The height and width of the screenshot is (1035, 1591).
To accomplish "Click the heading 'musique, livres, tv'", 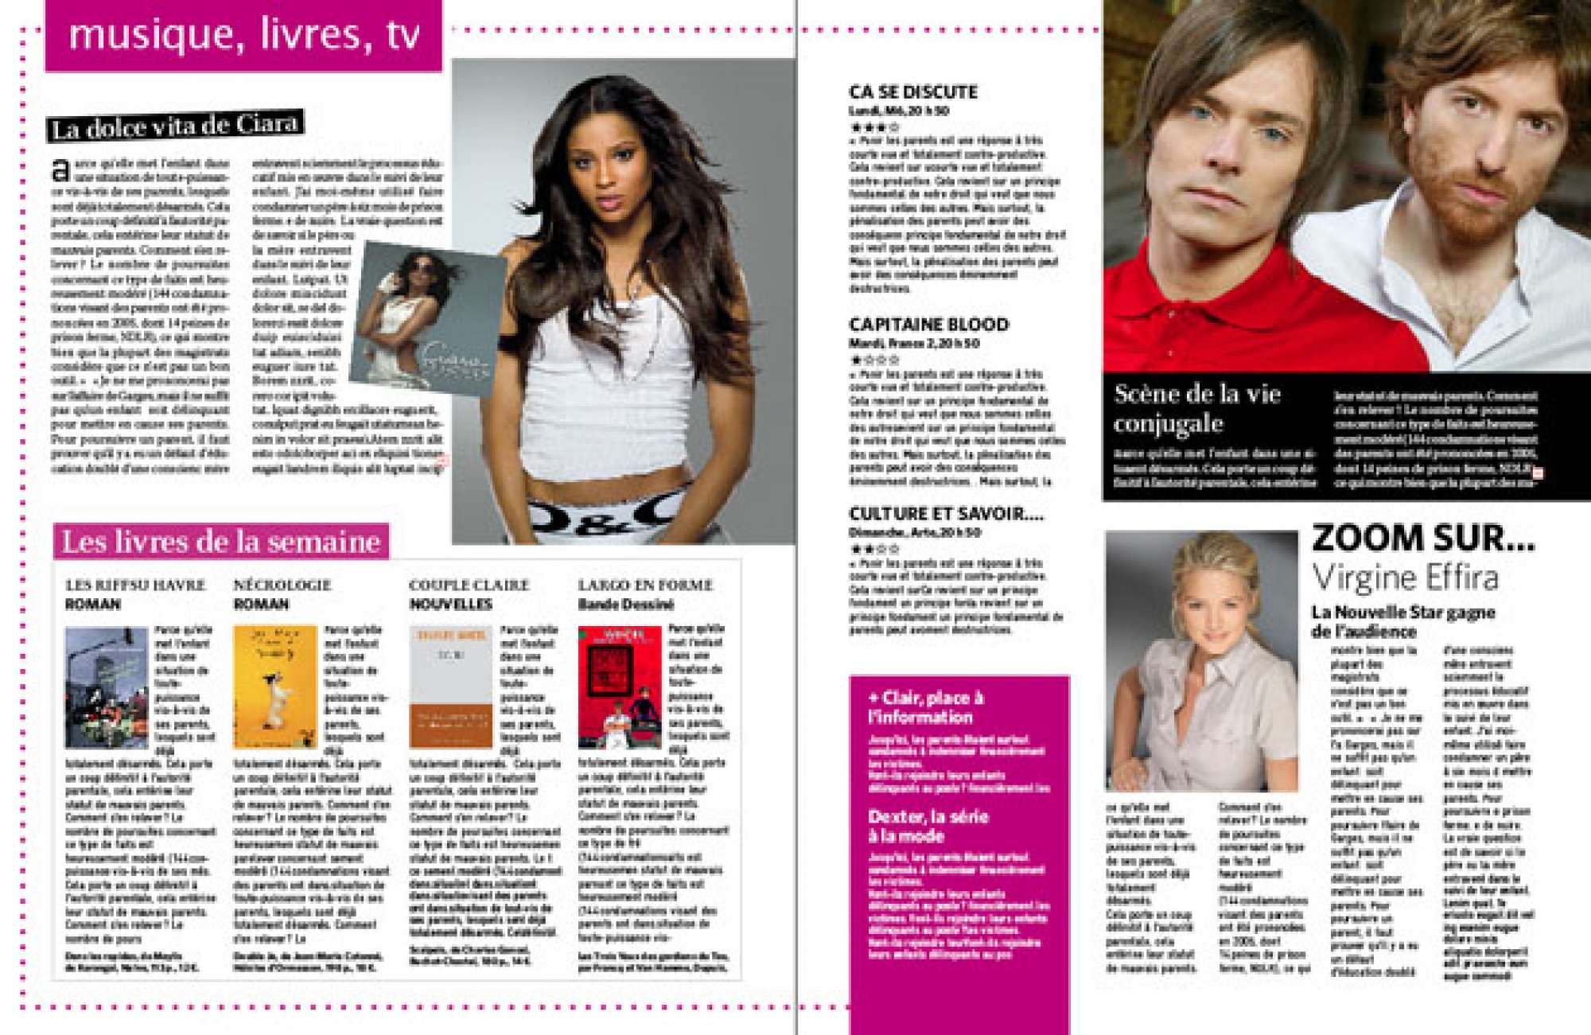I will [243, 35].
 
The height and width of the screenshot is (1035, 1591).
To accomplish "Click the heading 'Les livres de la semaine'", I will [221, 542].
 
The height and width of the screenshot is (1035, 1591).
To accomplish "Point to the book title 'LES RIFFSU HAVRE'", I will [135, 585].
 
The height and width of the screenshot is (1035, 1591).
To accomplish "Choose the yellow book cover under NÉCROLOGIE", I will [274, 687].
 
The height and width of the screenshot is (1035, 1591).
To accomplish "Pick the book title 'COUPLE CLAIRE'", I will [469, 585].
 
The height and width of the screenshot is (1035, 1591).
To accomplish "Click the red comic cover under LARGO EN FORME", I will [620, 687].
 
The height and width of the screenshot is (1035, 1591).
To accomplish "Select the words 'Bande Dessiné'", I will [626, 605].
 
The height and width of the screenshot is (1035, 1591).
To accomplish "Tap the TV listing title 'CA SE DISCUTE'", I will [913, 91].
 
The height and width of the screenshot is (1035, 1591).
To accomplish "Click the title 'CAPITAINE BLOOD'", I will [928, 325].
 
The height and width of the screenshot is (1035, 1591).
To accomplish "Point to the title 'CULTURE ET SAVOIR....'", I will [946, 514].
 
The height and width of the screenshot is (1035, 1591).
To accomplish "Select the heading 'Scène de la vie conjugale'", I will [1197, 408].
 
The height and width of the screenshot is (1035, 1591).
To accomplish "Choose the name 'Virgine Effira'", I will [1405, 578].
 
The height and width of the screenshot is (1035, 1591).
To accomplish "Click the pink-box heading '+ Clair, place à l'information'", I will [925, 707].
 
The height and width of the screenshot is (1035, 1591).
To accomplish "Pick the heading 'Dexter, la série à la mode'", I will [928, 826].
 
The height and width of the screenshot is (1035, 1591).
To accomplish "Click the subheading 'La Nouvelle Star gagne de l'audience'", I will [1403, 621].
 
